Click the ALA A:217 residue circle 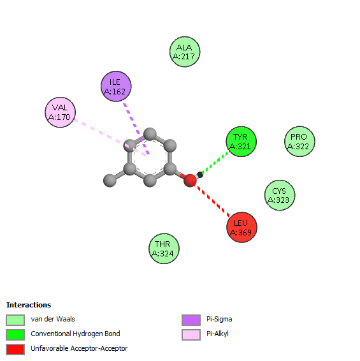[x=185, y=52]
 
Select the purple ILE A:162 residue [x=116, y=86]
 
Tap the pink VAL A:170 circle [x=61, y=112]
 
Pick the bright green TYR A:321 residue [x=241, y=142]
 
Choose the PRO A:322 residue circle [x=299, y=142]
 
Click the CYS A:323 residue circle [x=280, y=195]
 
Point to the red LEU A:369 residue [x=241, y=227]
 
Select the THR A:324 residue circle [x=164, y=249]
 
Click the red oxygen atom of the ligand [x=190, y=180]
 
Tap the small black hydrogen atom [x=200, y=175]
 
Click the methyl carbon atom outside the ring [x=110, y=180]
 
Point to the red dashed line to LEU [x=211, y=200]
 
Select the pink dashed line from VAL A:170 [x=110, y=138]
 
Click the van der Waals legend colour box [x=15, y=320]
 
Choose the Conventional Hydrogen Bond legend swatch [x=15, y=335]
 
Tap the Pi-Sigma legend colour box [x=191, y=320]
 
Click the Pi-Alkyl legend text [x=217, y=334]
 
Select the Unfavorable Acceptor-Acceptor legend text [x=79, y=349]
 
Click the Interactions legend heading [x=29, y=305]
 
